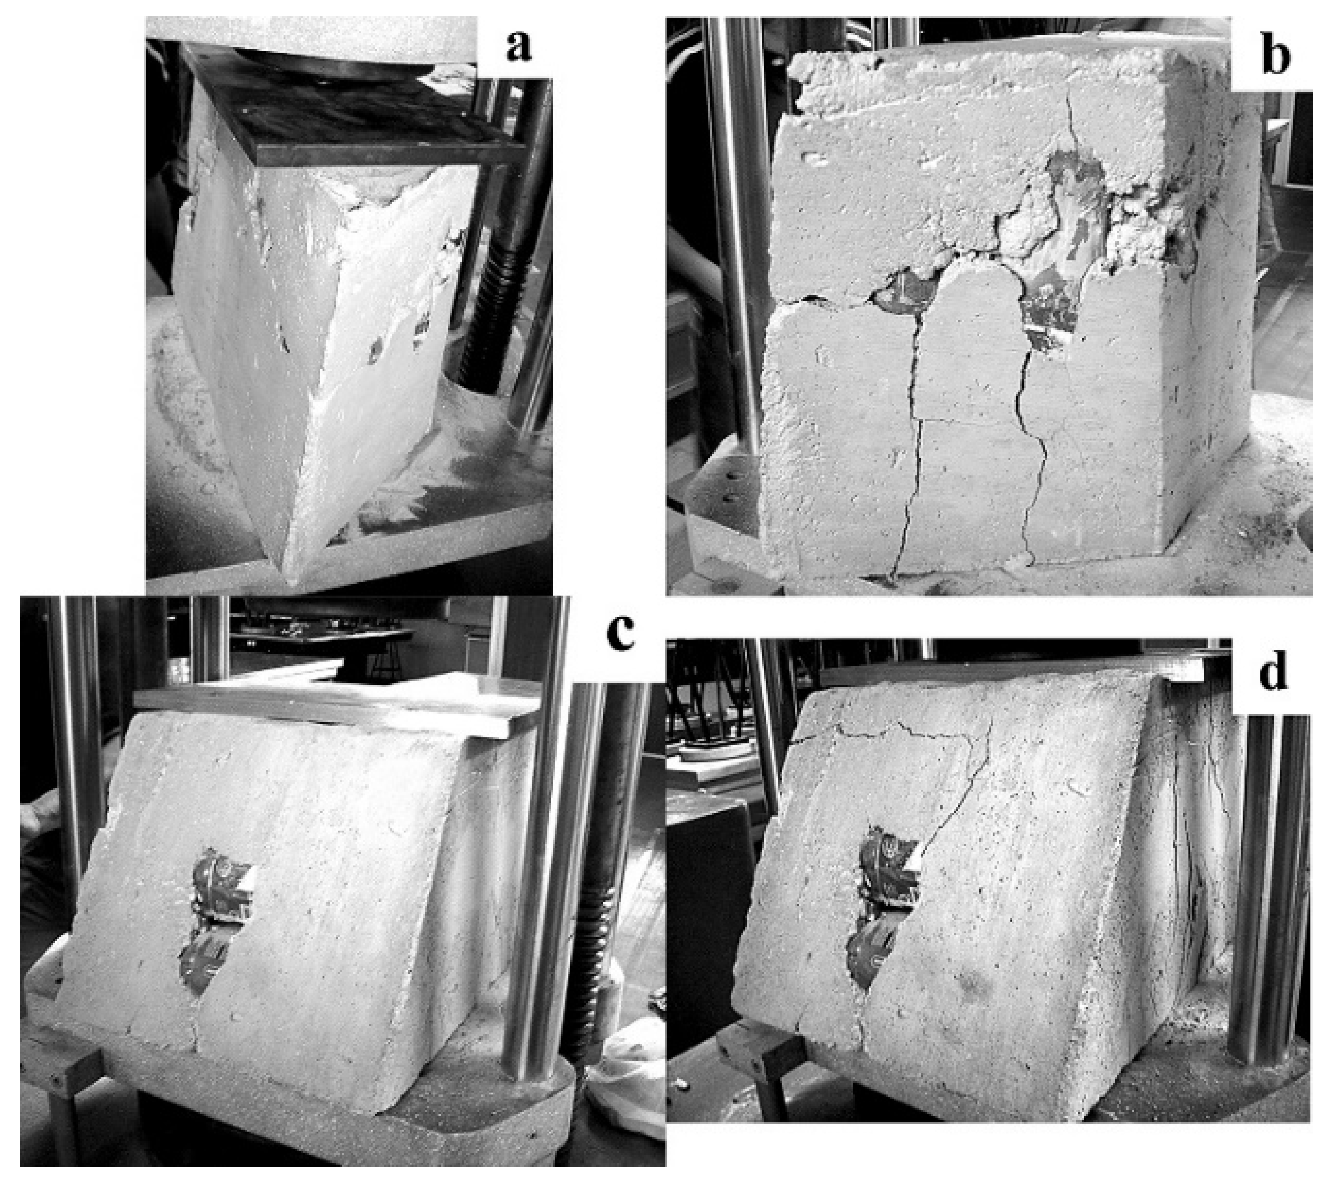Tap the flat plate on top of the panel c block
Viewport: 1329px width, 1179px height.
click(x=338, y=705)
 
